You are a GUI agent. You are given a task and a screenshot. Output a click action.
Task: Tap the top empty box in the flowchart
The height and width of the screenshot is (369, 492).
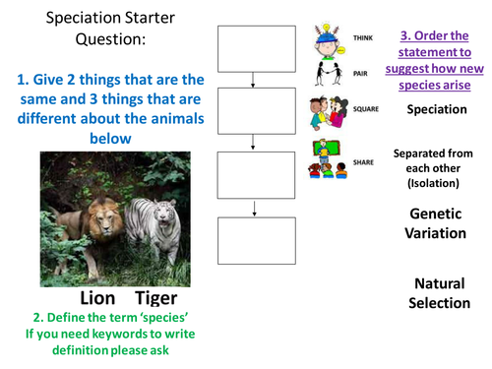pyautogui.click(x=255, y=49)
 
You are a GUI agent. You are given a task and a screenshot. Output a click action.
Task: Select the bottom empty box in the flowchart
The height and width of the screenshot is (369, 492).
pyautogui.click(x=255, y=238)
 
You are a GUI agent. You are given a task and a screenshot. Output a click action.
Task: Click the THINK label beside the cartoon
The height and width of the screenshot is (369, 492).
pyautogui.click(x=362, y=37)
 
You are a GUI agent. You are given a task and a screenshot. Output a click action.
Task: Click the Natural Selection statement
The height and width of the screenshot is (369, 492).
pyautogui.click(x=440, y=292)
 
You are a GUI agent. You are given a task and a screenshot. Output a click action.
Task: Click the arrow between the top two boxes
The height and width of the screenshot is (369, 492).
pyautogui.click(x=255, y=81)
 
